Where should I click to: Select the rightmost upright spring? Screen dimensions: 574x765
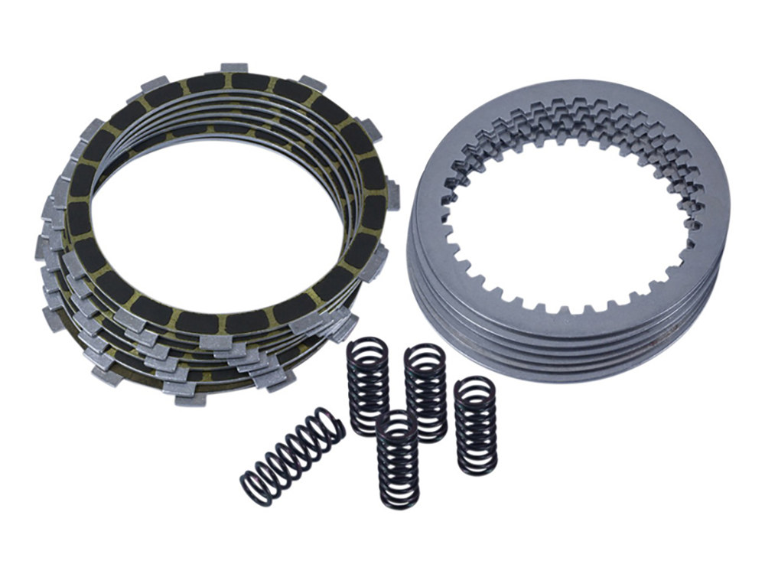point(475,426)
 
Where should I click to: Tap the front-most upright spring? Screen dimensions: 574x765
point(398,461)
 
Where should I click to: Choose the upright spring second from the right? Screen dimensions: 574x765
point(425,392)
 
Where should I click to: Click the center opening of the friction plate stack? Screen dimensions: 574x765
point(222,222)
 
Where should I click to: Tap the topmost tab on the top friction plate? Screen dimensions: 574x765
point(233,68)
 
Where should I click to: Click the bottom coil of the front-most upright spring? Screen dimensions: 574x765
point(398,501)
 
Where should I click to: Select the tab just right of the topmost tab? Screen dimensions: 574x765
point(312,83)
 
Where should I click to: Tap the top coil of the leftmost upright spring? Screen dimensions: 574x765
point(368,349)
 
